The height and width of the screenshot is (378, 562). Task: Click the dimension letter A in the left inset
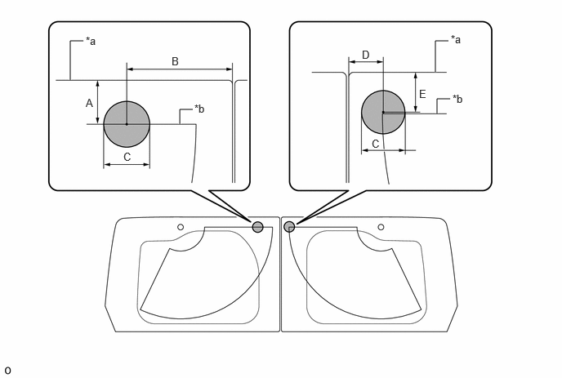(89, 103)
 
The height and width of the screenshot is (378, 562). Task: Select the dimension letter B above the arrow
(175, 61)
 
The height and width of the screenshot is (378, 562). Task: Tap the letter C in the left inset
(127, 158)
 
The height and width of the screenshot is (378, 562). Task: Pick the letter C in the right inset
(375, 144)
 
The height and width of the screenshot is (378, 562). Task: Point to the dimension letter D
(366, 55)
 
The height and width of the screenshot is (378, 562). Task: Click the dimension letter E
(422, 94)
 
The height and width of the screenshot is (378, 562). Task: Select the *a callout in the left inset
(91, 41)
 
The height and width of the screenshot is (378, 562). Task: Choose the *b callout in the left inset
(199, 109)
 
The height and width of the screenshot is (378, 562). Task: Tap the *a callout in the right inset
(456, 39)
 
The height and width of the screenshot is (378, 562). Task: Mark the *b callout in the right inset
(457, 99)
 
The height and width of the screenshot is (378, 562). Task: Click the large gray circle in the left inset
(127, 124)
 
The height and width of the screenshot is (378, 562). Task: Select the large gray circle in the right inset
(383, 112)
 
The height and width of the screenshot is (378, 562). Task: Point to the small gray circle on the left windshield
(257, 227)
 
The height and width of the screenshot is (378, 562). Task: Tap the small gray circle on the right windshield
(289, 227)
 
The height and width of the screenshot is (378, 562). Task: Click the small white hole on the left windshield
(181, 227)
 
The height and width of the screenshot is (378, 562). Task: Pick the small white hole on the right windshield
(381, 227)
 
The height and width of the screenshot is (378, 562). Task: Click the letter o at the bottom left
(7, 371)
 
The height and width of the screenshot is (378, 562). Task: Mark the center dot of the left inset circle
(127, 124)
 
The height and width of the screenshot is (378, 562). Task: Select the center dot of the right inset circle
(383, 112)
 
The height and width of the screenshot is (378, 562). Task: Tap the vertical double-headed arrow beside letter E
(416, 92)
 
